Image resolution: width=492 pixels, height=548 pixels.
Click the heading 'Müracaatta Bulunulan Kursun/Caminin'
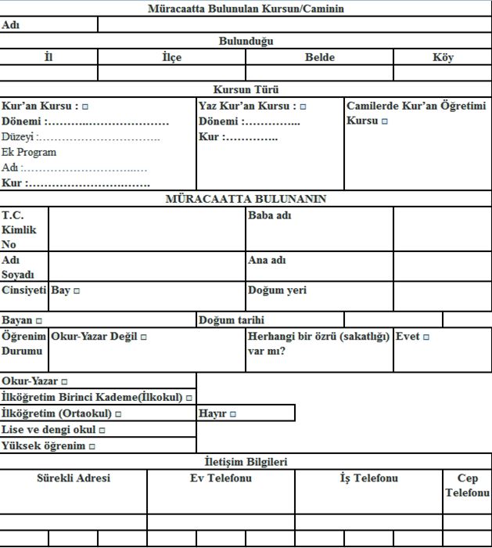point(246,9)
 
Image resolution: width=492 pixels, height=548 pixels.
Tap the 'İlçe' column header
point(171,57)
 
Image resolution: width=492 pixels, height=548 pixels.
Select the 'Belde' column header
point(319,57)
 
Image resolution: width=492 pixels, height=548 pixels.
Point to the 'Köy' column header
point(443,57)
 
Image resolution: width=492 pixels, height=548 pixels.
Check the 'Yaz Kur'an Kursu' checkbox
point(303,106)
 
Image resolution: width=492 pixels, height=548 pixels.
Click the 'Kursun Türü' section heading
point(246,89)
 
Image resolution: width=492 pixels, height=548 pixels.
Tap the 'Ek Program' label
point(29,153)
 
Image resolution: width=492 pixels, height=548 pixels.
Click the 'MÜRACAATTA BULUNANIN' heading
point(246,199)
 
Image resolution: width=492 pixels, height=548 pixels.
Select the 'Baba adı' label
point(269,215)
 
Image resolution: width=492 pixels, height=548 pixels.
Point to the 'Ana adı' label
point(268,260)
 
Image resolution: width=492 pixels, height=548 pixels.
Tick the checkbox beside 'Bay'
point(77,290)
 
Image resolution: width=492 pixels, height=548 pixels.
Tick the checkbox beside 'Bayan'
point(39,321)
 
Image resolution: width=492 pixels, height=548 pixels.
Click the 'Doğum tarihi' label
point(232,320)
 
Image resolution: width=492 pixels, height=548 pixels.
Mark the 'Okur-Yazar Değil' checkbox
point(144,337)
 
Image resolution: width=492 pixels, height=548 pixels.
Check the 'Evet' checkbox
point(426,337)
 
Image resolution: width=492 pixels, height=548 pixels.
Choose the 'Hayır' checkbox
point(232,413)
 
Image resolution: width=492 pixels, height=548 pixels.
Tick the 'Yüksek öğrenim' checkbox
point(92,446)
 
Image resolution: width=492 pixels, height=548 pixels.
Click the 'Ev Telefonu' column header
point(221,478)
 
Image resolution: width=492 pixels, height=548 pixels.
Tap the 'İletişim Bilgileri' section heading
point(246,462)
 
